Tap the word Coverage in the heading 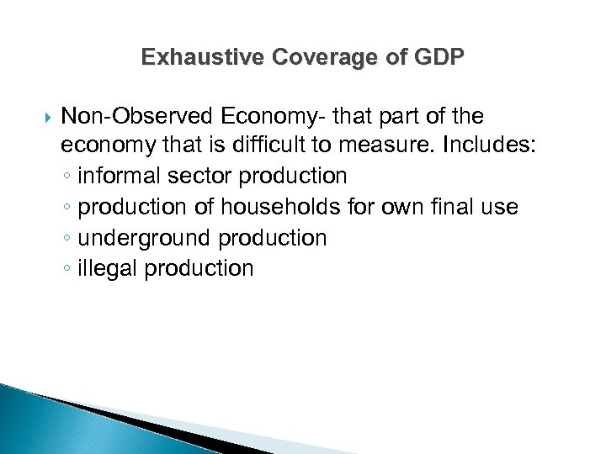tap(305, 57)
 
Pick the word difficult tap(260, 145)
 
